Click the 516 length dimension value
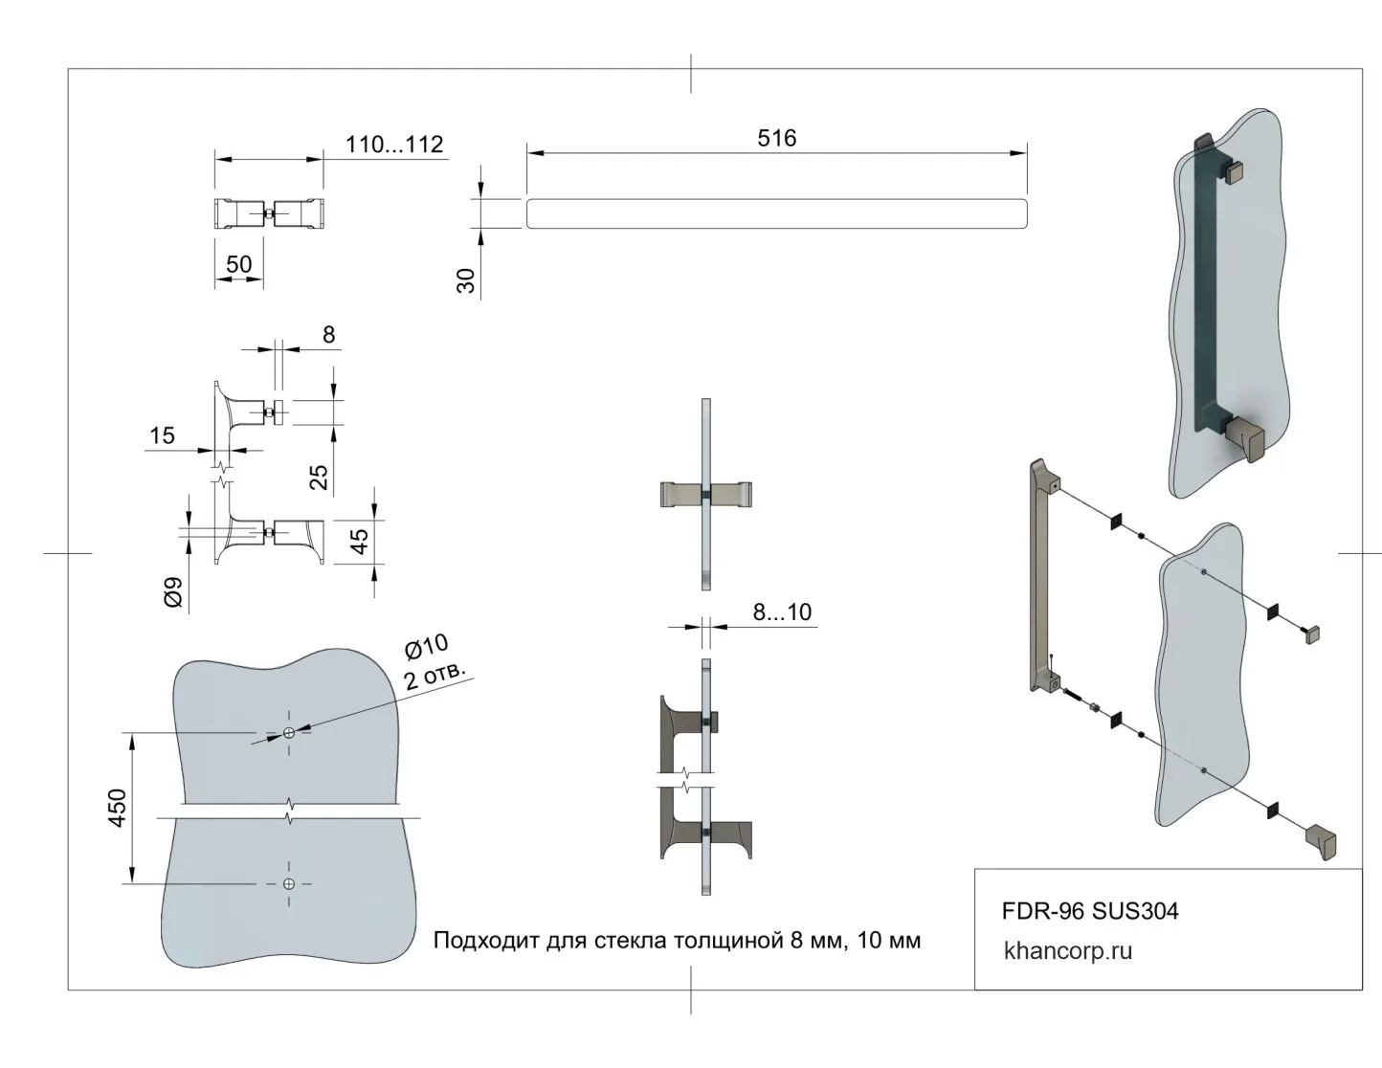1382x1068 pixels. pos(776,139)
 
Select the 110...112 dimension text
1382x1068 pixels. pos(394,145)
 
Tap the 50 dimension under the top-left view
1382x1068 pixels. pos(238,264)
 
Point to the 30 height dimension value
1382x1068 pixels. pos(467,279)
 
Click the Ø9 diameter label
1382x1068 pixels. pos(173,594)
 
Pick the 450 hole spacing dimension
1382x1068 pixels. pos(117,809)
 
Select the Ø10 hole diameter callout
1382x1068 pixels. pos(426,648)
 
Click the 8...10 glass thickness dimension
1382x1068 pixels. pos(782,612)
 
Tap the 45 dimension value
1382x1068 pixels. pos(360,542)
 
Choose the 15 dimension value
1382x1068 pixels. pos(162,436)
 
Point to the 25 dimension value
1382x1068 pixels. pos(320,476)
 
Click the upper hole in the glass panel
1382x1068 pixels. pos(289,733)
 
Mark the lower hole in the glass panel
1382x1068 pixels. pos(289,884)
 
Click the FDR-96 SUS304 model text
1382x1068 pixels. pos(1089,911)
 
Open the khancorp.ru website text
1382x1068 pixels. pos(1067,951)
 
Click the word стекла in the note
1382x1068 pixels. pos(631,941)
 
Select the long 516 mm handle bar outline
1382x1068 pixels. pos(776,213)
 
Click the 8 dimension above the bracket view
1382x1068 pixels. pos(328,335)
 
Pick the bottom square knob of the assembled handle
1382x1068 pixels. pos(1246,439)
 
